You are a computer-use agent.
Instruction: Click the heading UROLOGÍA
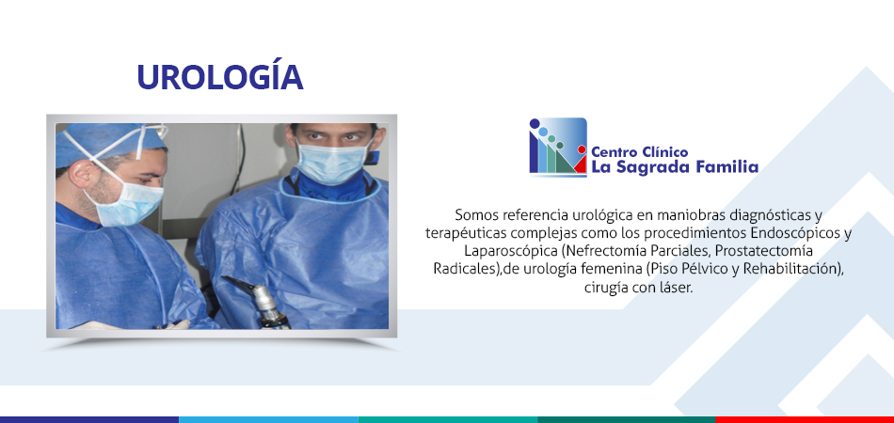(219, 76)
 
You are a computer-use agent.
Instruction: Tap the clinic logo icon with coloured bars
(558, 147)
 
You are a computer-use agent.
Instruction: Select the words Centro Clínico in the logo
(640, 152)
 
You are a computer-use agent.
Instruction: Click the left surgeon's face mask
(127, 200)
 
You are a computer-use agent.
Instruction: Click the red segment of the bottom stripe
(805, 419)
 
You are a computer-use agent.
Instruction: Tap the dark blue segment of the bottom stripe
(89, 419)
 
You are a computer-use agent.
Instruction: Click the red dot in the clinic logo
(582, 149)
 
